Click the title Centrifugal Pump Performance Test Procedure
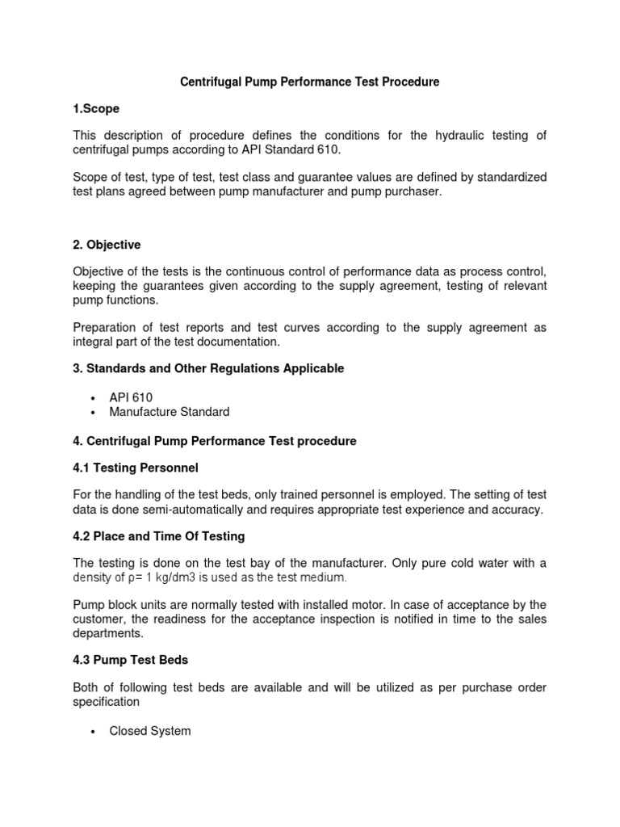coord(309,82)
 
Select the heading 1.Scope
coord(96,108)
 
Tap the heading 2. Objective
coord(107,244)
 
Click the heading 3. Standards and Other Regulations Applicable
coord(208,368)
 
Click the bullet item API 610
coord(131,397)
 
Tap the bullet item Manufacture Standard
coord(170,412)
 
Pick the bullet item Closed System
coord(150,731)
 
